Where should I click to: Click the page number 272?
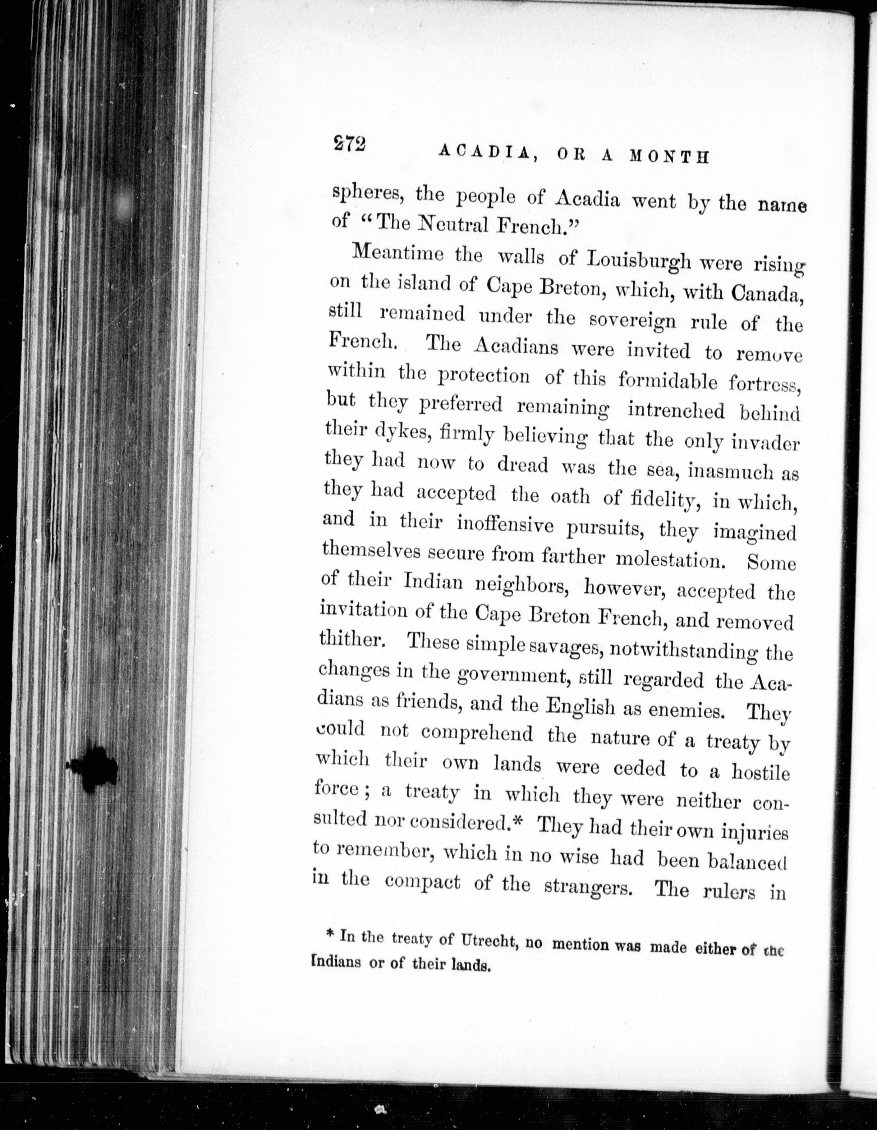pos(350,145)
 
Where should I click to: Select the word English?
pos(580,706)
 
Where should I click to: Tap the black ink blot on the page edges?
pos(93,768)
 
